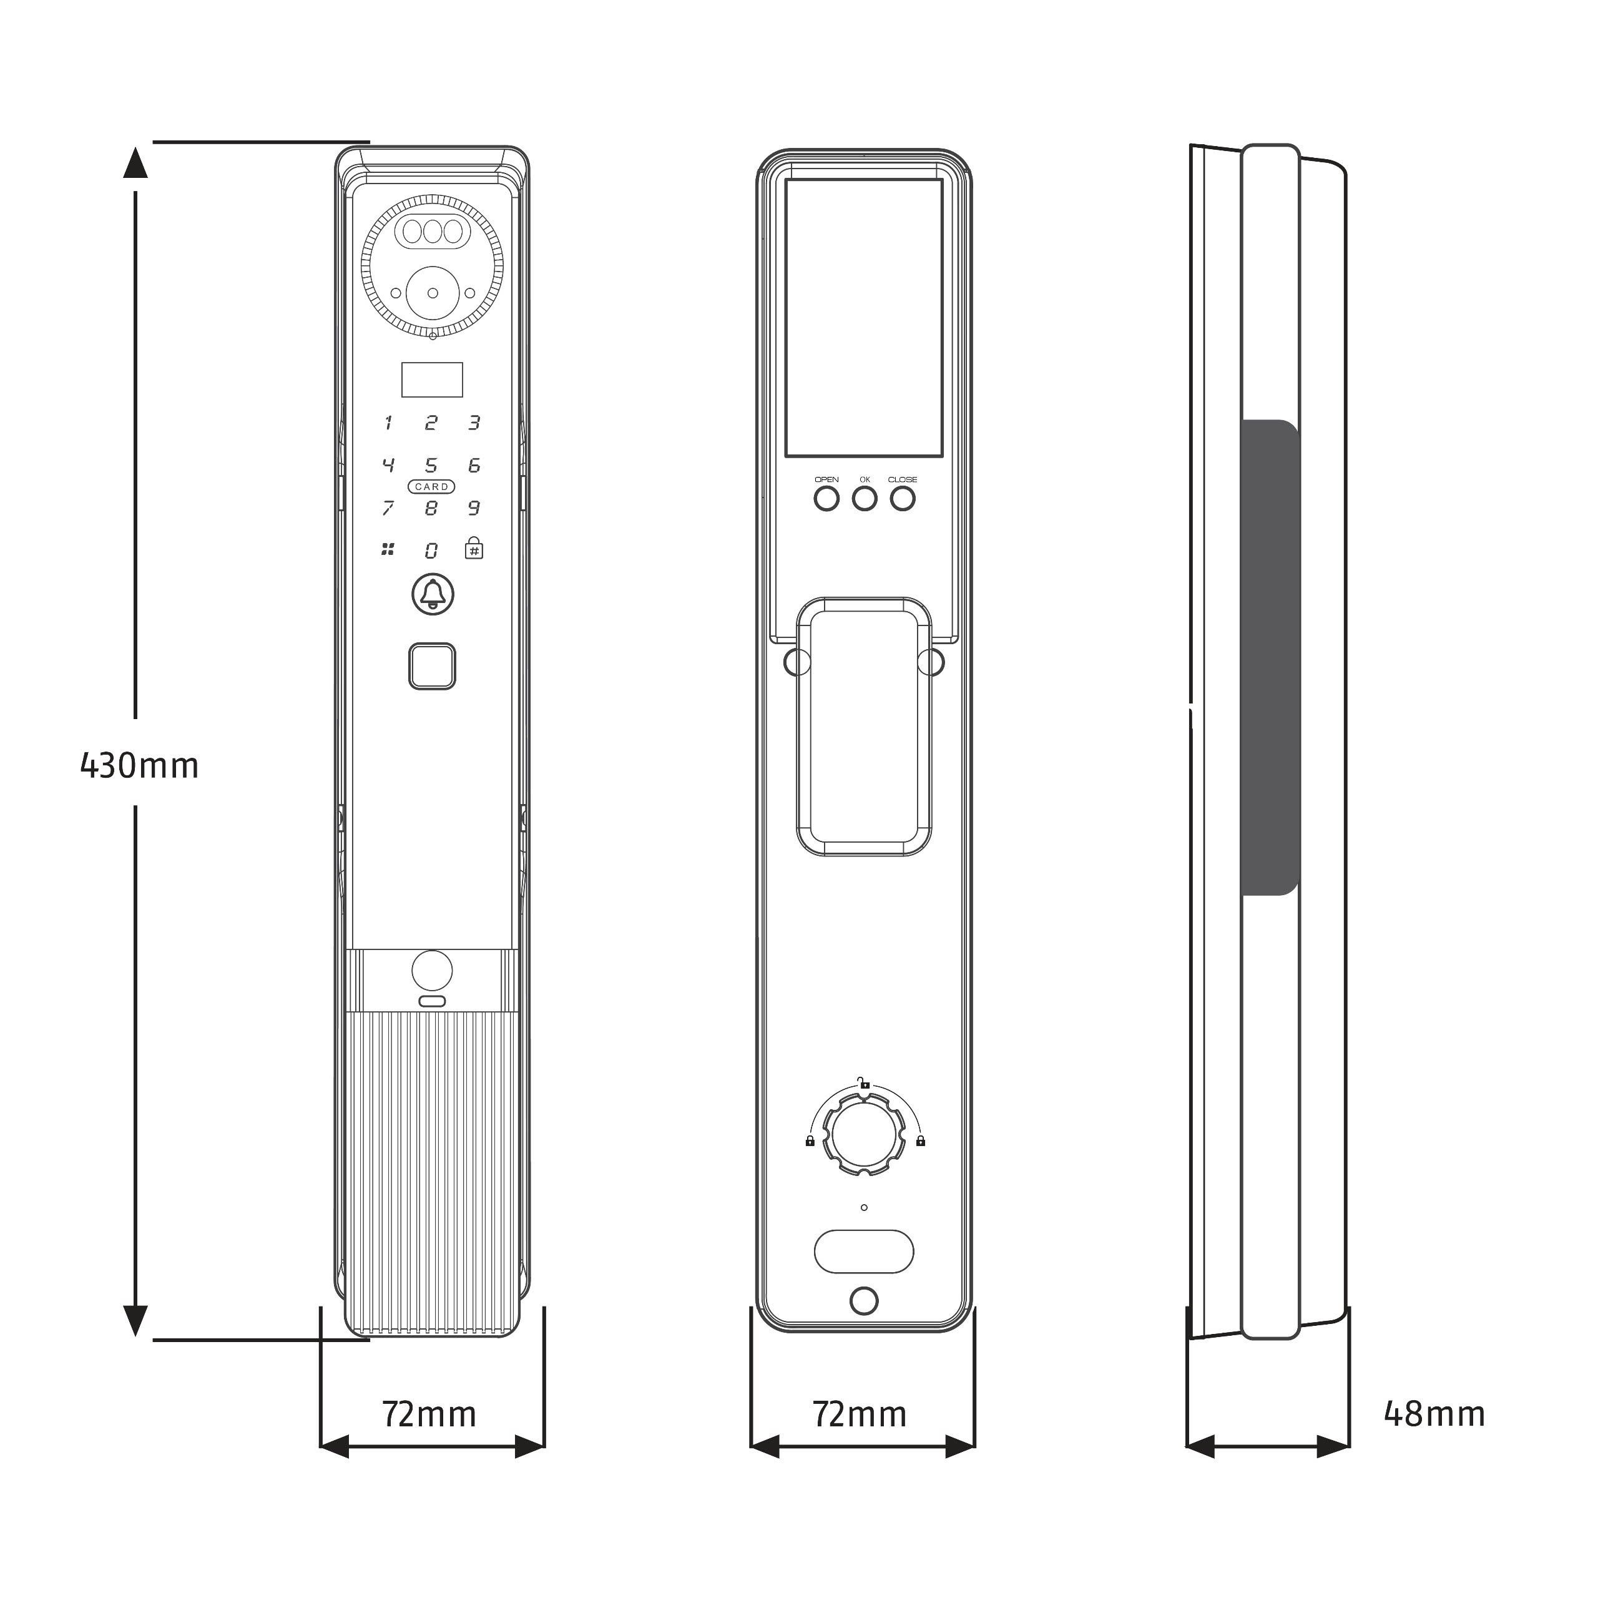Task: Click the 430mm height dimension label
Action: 140,766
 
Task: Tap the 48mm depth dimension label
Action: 1434,1414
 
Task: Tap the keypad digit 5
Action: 431,466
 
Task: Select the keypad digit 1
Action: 388,423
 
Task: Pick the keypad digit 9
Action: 474,508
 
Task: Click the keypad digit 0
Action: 431,551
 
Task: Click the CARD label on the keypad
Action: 431,487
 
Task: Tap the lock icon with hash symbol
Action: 474,547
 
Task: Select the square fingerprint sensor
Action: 432,666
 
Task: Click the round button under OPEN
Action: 826,499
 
